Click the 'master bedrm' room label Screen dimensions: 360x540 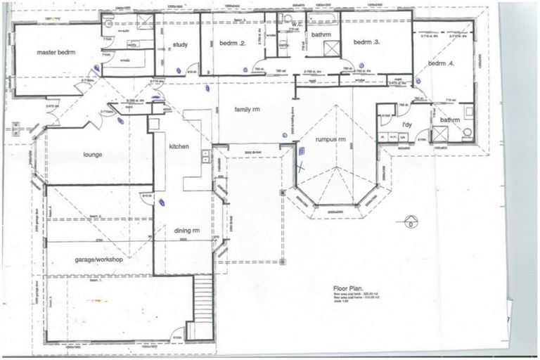pyautogui.click(x=37, y=53)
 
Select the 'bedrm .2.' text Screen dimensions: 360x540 pyautogui.click(x=232, y=44)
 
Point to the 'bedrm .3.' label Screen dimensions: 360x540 pyautogui.click(x=366, y=42)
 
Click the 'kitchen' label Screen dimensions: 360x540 pyautogui.click(x=180, y=146)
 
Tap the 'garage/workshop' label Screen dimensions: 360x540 pyautogui.click(x=99, y=259)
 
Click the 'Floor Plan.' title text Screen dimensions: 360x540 pyautogui.click(x=350, y=288)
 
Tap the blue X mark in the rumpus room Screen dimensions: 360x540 pyautogui.click(x=301, y=167)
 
